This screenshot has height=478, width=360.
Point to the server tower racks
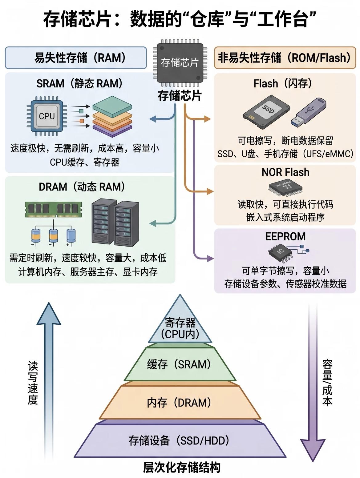tap(115, 223)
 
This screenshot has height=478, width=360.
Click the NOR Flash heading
tap(285, 172)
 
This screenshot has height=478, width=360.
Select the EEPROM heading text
tap(285, 236)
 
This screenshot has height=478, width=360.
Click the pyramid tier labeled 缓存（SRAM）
tap(180, 365)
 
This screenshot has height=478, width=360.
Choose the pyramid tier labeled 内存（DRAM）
tap(180, 403)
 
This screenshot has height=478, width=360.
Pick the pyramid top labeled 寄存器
tap(180, 328)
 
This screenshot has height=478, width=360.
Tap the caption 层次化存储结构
tap(181, 467)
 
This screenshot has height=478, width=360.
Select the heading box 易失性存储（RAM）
tap(76, 58)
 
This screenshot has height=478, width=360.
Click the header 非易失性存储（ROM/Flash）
tap(285, 58)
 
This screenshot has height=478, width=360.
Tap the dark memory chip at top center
tap(180, 63)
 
